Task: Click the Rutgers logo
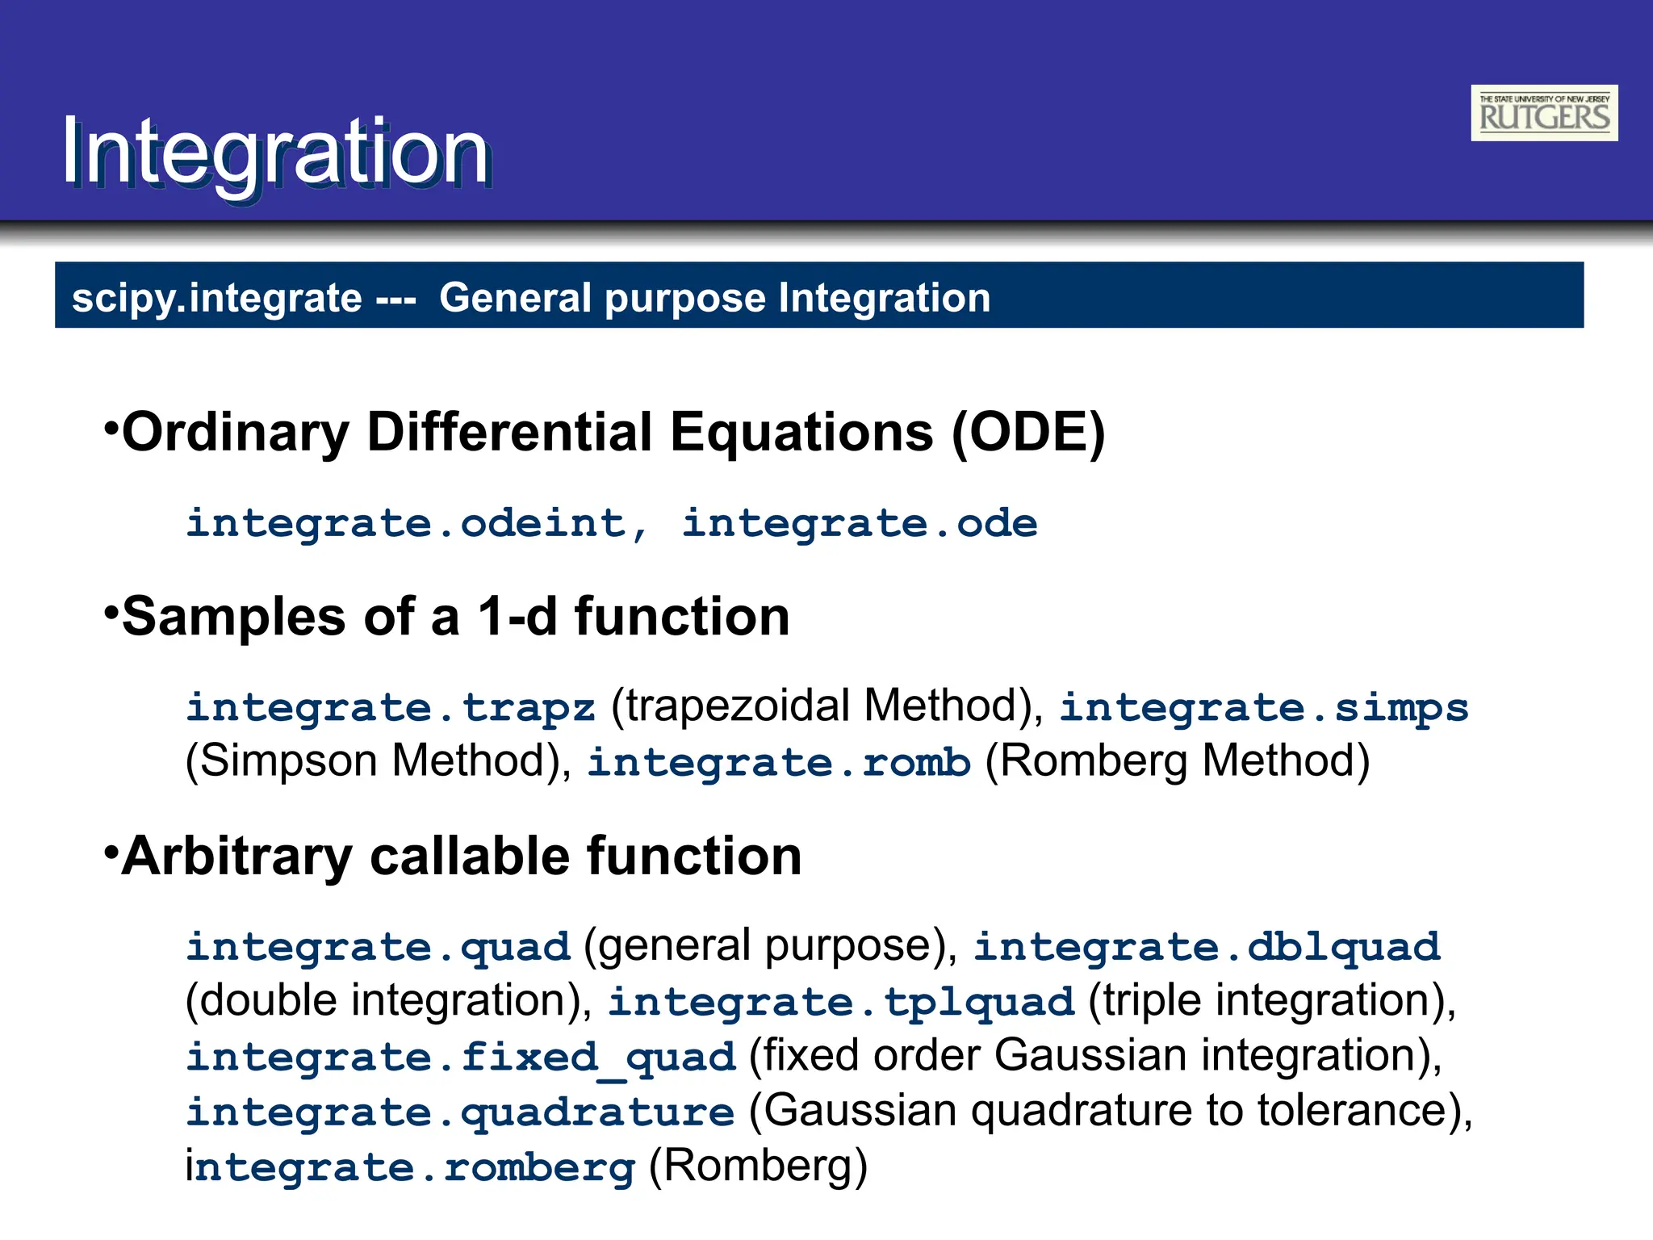tap(1543, 113)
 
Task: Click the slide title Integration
tap(275, 152)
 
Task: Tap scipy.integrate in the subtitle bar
tap(216, 298)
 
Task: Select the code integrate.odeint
tap(406, 524)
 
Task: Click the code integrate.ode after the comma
tap(860, 524)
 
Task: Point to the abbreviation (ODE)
tap(1027, 433)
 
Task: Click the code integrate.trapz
tap(391, 708)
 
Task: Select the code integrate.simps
tap(1263, 708)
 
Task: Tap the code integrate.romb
tap(779, 763)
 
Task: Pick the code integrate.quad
tap(378, 947)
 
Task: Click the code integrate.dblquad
tap(1206, 947)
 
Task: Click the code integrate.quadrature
tap(460, 1112)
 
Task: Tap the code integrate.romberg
tap(410, 1167)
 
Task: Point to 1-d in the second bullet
tap(517, 617)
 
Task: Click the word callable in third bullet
tap(471, 857)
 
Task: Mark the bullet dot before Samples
tap(111, 611)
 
